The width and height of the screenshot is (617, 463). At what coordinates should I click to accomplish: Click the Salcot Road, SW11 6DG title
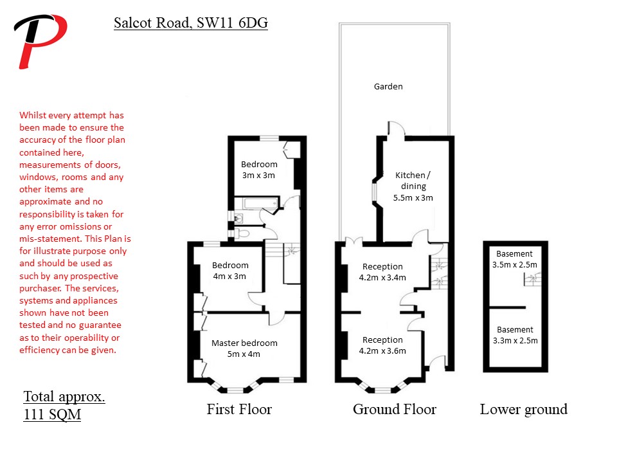coord(191,23)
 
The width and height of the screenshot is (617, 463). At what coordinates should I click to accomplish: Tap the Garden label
coord(388,87)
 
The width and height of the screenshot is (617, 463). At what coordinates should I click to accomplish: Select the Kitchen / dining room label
coord(413,180)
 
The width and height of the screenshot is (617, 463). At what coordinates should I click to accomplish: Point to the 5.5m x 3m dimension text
coord(413,197)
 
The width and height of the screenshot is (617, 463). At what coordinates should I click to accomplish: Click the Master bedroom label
coord(244,343)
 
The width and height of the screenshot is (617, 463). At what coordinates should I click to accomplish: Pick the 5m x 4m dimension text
coord(244,354)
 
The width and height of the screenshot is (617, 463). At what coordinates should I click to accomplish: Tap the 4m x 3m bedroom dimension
coord(229,277)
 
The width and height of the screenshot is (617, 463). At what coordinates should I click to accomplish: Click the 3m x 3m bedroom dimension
coord(258,175)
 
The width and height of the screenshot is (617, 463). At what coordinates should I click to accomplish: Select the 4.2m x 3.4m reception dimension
coord(382,278)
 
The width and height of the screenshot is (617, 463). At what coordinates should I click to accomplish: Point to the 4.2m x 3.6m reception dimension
coord(382,351)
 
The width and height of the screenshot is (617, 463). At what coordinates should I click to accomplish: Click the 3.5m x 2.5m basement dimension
coord(515,264)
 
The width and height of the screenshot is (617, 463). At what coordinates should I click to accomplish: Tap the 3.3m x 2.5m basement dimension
coord(515,341)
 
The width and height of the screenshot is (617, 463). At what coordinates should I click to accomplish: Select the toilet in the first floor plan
coord(242,233)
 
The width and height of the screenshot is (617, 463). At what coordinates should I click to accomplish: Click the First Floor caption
coord(239,410)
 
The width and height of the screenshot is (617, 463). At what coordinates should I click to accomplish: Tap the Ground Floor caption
coord(395,410)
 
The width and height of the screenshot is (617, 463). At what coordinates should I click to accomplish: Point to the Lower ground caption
coord(524,410)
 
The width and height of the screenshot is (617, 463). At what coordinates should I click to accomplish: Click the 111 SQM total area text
coord(52,415)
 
